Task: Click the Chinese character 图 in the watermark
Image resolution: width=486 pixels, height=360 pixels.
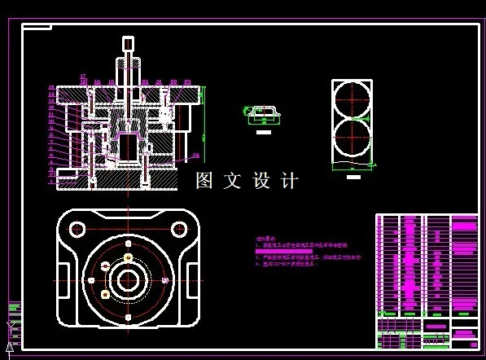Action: pos(204,181)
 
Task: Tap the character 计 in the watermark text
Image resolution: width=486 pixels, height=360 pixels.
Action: pos(290,181)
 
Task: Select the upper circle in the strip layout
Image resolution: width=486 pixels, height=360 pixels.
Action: pos(352,99)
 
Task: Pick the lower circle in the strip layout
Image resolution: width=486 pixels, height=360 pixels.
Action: pos(352,137)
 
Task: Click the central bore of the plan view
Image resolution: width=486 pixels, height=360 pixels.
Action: pos(128,279)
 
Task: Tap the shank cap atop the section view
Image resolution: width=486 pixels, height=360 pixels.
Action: pos(127,42)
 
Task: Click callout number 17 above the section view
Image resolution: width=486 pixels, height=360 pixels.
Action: pos(83,76)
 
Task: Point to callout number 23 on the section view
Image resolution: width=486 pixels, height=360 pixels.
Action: pos(187,81)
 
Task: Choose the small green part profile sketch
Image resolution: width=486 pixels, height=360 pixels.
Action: pos(264,114)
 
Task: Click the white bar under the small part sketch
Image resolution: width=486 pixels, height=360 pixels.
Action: pos(264,130)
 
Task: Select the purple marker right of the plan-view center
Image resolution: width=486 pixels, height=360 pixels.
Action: pos(165,279)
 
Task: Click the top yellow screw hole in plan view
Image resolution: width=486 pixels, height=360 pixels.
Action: pos(128,258)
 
